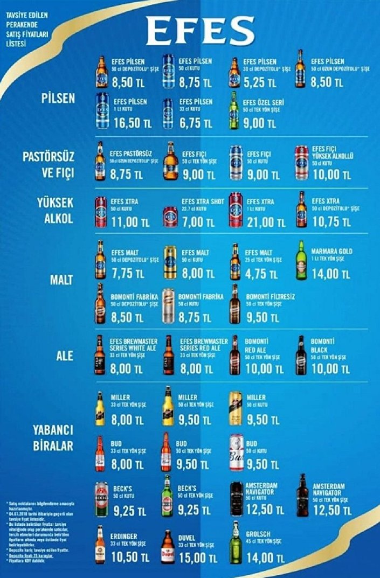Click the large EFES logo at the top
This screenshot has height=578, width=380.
coord(200,31)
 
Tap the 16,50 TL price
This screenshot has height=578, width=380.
coord(132,123)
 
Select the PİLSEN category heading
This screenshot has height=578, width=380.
coord(58,99)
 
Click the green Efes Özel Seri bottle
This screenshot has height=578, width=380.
coord(233,110)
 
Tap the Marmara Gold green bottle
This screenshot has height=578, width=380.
coord(301,261)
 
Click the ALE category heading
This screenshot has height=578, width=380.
coord(64,356)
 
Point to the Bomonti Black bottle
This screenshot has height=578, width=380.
coord(300,355)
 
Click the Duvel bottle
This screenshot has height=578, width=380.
coord(168,546)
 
